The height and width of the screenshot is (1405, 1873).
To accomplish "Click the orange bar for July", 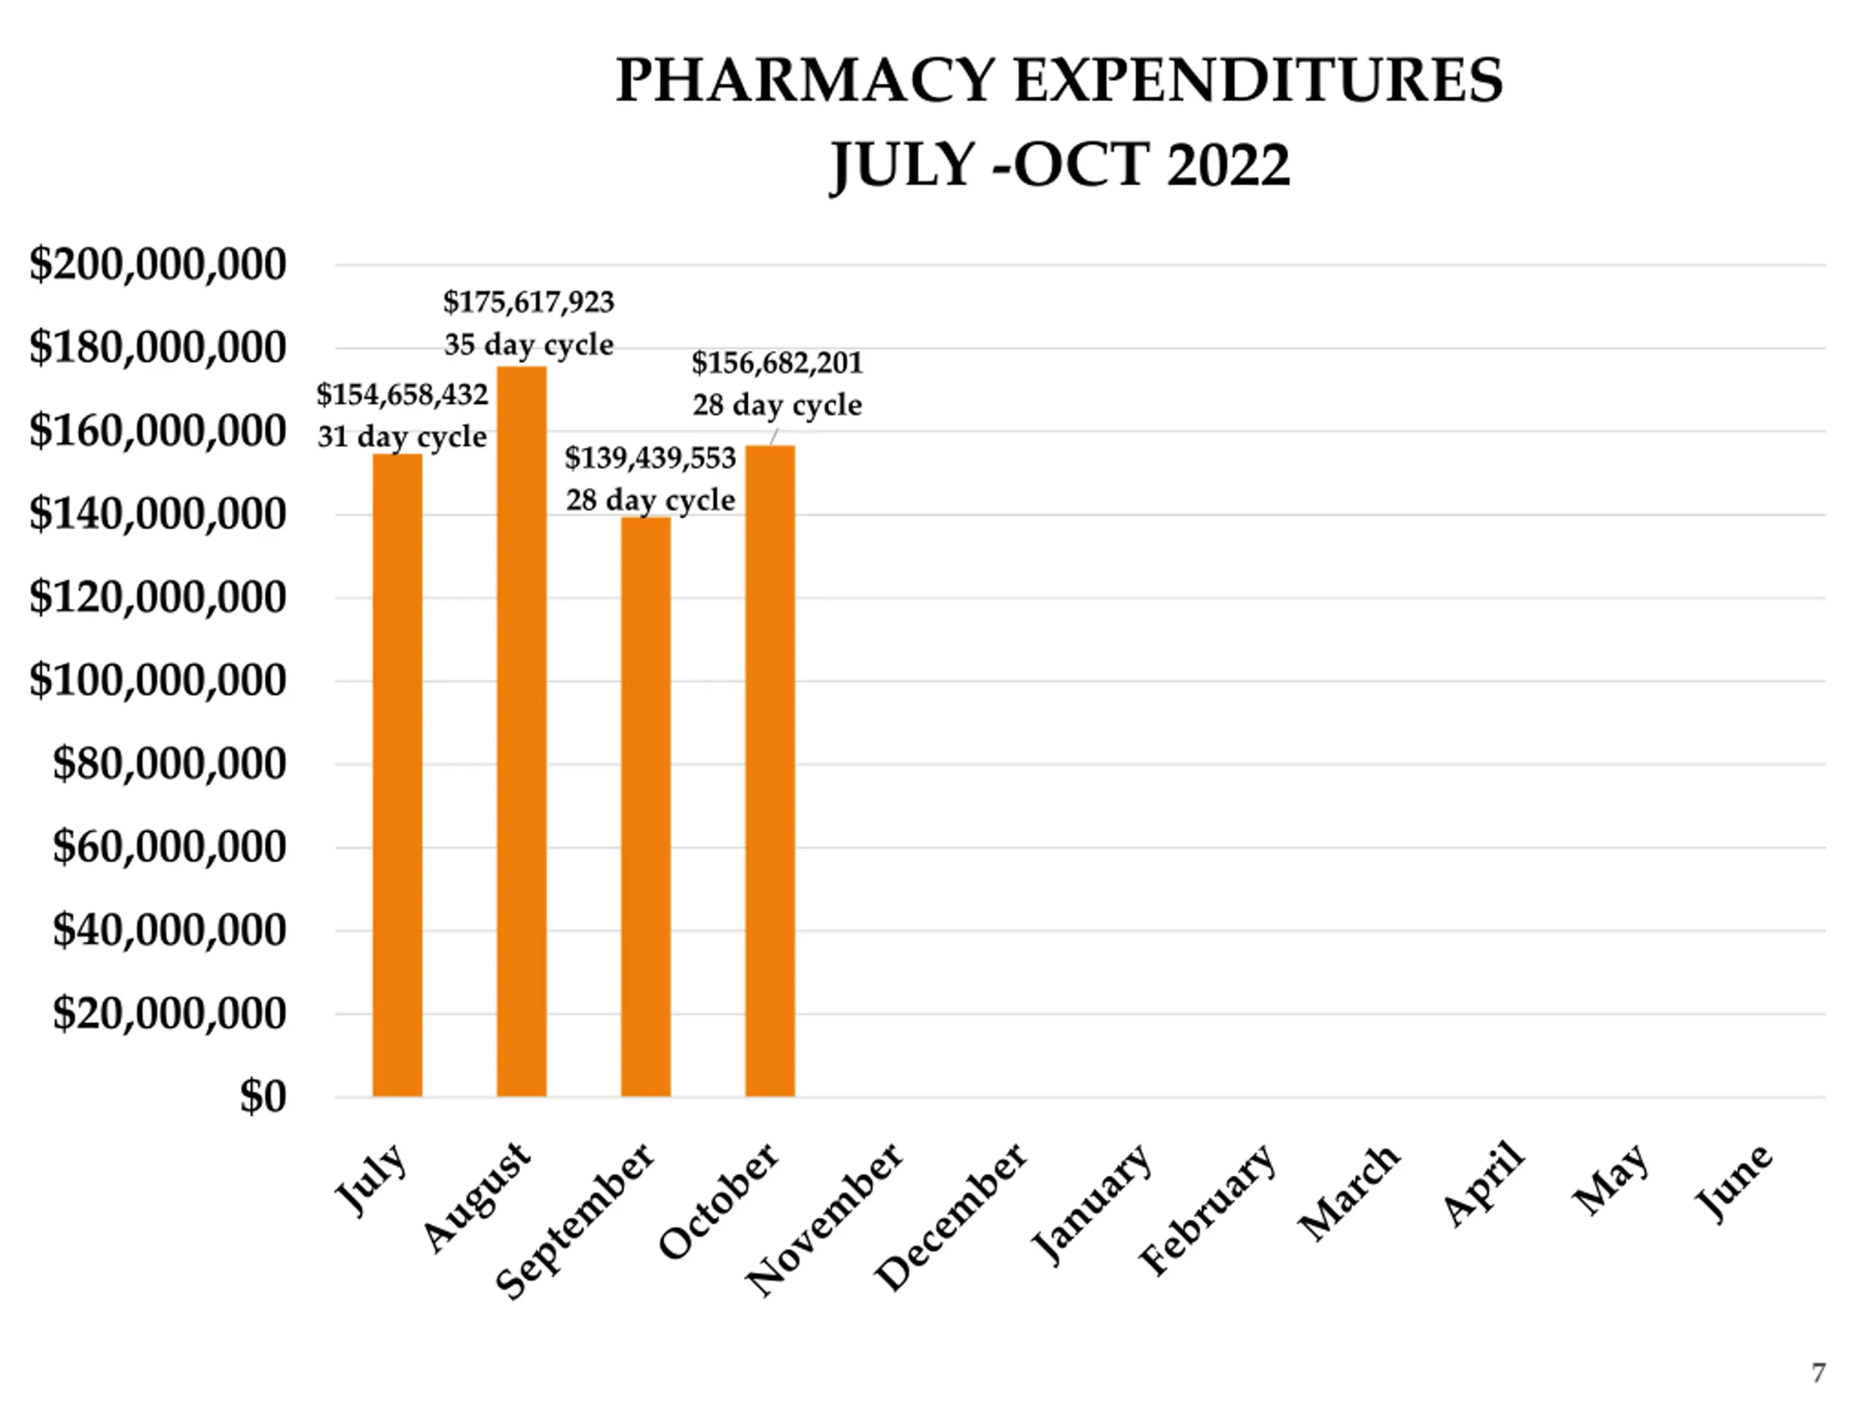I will click(397, 775).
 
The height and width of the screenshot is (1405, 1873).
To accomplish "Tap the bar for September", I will click(645, 806).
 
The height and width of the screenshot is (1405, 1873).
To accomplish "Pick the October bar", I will click(770, 771).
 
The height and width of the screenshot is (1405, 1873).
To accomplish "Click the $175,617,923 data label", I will click(528, 301).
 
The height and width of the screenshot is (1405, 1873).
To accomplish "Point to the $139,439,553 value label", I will click(650, 458).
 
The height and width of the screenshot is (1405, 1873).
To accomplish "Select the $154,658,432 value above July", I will click(402, 394).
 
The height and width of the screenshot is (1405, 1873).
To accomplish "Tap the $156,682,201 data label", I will click(776, 362).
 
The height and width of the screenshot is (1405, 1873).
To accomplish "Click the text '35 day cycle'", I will click(528, 345).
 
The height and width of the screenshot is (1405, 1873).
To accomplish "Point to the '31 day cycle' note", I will click(402, 437).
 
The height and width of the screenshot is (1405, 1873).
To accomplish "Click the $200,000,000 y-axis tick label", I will click(157, 264).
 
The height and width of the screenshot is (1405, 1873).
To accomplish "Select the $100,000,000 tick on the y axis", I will click(157, 680).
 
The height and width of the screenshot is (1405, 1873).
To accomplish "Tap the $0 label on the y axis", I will click(263, 1097).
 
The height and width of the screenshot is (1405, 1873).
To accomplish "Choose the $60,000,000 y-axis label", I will click(169, 847).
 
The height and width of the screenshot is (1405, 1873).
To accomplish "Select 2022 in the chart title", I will click(1228, 165).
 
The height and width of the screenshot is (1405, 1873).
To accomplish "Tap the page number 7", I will click(1818, 1373).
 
